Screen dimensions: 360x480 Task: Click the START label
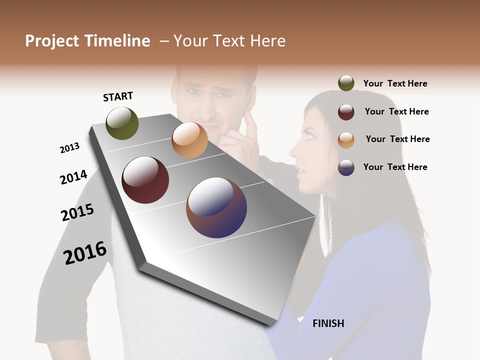[x=118, y=96]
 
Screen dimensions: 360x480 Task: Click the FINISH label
[x=328, y=323]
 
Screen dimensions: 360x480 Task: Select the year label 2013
[x=69, y=147]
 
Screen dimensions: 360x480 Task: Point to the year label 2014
[x=73, y=177]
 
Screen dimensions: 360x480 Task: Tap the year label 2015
[x=77, y=212]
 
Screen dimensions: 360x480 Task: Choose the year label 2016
[x=85, y=252]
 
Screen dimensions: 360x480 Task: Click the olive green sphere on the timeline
[x=122, y=123]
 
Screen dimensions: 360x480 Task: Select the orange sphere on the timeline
[x=189, y=140]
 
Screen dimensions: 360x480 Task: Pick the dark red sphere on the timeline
[x=145, y=180]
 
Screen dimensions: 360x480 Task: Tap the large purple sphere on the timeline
[x=216, y=207]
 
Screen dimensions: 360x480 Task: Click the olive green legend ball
[x=346, y=83]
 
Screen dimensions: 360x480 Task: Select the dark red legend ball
[x=346, y=112]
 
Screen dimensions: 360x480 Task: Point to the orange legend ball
[x=346, y=139]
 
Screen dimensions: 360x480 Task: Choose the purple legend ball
[x=346, y=167]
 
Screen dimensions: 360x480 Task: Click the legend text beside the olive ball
[x=395, y=83]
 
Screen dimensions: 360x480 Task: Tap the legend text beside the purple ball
[x=395, y=167]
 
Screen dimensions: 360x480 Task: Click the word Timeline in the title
[x=117, y=41]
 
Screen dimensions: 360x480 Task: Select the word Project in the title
[x=52, y=41]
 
